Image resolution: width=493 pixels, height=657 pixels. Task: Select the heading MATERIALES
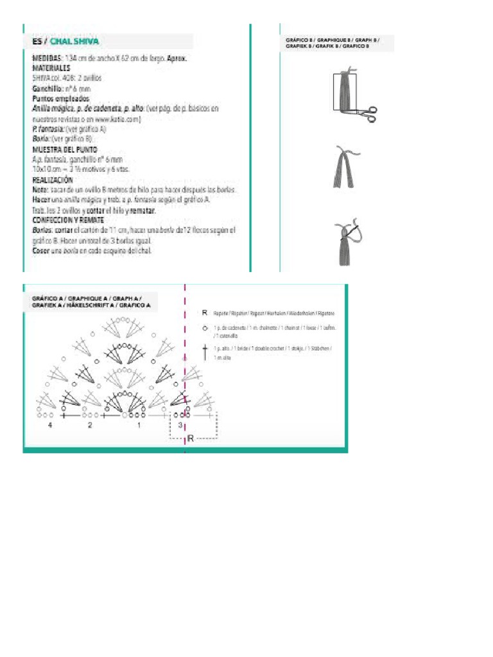point(51,67)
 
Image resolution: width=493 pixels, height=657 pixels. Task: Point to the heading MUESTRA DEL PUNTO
point(64,149)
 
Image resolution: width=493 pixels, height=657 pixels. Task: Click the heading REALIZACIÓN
point(54,180)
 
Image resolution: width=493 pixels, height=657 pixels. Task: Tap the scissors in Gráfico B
point(368,114)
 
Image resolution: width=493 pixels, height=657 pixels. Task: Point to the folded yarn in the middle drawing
point(345,169)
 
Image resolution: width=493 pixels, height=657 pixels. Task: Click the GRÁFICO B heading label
point(333,43)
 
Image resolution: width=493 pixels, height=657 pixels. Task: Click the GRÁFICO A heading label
point(91,302)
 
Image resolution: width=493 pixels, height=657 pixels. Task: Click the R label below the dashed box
point(190,439)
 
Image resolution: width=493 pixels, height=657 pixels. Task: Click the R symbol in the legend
point(204,313)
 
